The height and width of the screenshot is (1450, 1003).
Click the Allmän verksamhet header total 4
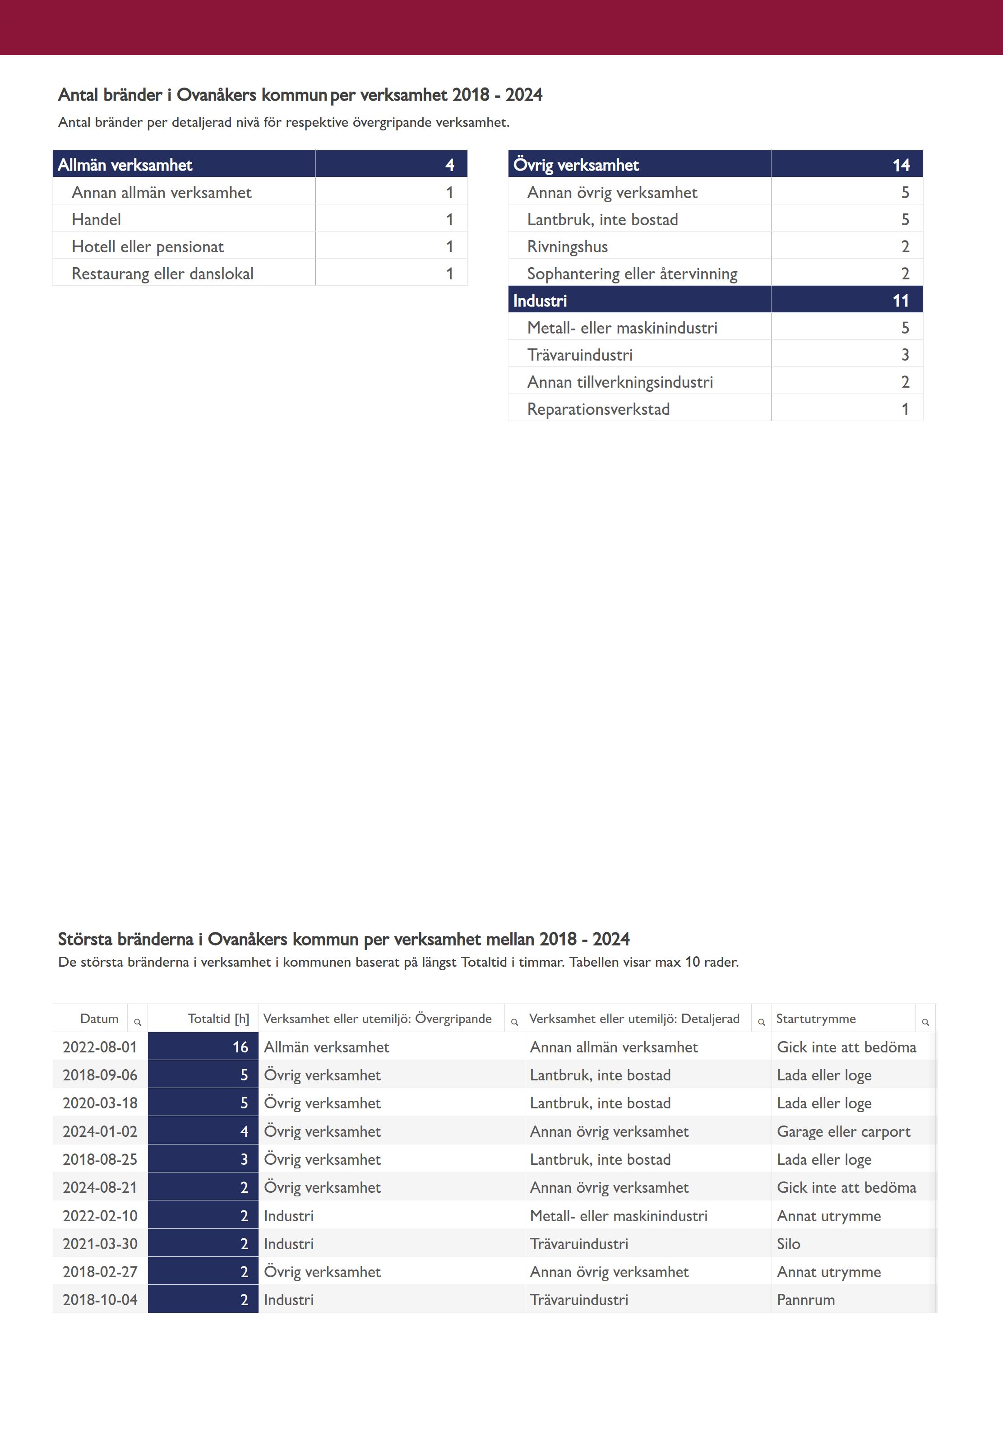pyautogui.click(x=449, y=165)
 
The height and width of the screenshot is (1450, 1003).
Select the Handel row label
pyautogui.click(x=96, y=219)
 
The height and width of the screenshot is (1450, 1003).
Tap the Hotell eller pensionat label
pyautogui.click(x=148, y=246)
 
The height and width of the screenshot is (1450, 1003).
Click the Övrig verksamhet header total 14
pyautogui.click(x=901, y=165)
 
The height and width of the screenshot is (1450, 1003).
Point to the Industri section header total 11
pyautogui.click(x=901, y=301)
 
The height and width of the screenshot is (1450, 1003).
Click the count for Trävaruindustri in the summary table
pyautogui.click(x=905, y=354)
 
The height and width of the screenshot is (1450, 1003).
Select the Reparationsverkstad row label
pyautogui.click(x=598, y=409)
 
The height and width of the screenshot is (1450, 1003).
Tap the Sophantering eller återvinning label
pyautogui.click(x=632, y=273)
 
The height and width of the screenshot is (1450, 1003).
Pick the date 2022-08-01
pyautogui.click(x=100, y=1047)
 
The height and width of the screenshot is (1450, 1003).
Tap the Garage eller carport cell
pyautogui.click(x=843, y=1131)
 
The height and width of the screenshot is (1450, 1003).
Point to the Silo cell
pyautogui.click(x=788, y=1244)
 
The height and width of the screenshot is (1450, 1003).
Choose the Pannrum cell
pyautogui.click(x=806, y=1300)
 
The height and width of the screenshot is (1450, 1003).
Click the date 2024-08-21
pyautogui.click(x=100, y=1187)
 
